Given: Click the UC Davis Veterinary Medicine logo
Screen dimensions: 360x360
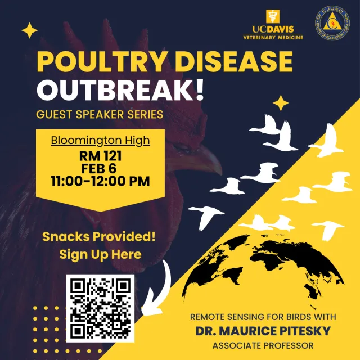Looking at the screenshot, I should coord(273,25).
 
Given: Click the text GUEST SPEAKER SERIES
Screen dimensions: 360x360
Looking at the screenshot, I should coord(100,115).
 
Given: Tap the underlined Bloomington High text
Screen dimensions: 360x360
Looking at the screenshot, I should coord(101,140).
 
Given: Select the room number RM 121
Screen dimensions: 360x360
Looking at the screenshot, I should coord(101,155).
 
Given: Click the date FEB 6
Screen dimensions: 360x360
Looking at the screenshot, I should coord(101,168).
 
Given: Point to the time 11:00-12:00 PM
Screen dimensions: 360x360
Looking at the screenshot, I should coord(101,181).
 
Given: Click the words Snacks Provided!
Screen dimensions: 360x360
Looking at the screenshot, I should coord(98,237).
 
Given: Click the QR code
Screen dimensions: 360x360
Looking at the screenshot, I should coord(101,308).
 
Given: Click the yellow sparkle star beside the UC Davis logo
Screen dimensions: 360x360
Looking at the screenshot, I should coord(29,31).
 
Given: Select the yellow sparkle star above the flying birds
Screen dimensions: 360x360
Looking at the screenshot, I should coord(281,103).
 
